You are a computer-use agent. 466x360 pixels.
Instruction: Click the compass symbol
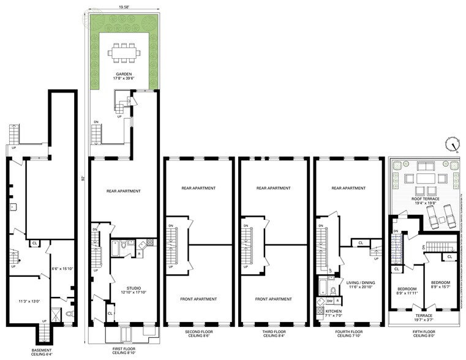pos(453,144)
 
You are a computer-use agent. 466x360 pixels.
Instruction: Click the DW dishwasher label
pos(330,301)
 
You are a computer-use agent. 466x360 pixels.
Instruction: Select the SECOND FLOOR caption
pos(198,334)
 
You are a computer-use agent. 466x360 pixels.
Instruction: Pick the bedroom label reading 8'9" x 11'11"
pos(407,291)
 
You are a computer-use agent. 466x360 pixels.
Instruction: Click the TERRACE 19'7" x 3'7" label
pos(424,318)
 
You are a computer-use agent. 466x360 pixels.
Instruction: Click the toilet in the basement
pos(69,312)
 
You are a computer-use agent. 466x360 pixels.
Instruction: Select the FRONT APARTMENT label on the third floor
pos(273,299)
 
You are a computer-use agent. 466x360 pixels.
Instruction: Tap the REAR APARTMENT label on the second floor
pos(198,188)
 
